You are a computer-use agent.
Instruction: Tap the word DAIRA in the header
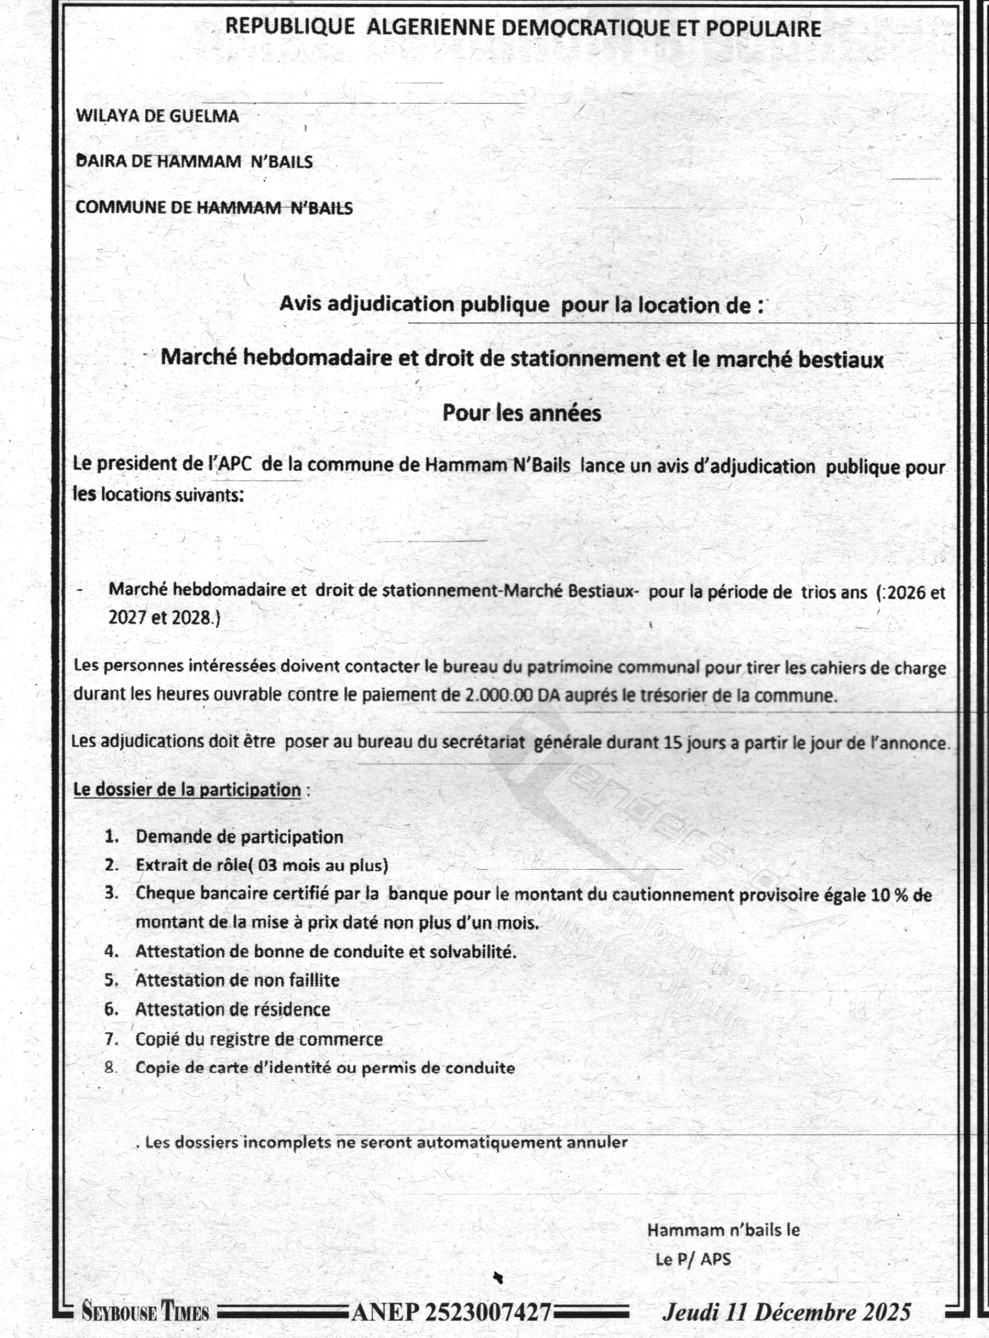click(x=100, y=161)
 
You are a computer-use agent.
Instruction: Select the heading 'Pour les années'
click(x=522, y=413)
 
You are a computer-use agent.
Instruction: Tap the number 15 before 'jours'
click(x=673, y=743)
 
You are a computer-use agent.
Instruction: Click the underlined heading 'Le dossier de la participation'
click(x=187, y=790)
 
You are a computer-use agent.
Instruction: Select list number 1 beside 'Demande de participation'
click(x=111, y=836)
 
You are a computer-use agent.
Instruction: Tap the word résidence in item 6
click(x=292, y=1010)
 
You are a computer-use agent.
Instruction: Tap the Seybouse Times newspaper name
click(x=145, y=1312)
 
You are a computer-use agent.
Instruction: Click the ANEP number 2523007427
click(x=451, y=1312)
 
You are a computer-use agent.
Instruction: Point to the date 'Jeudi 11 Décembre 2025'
click(x=786, y=1312)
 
